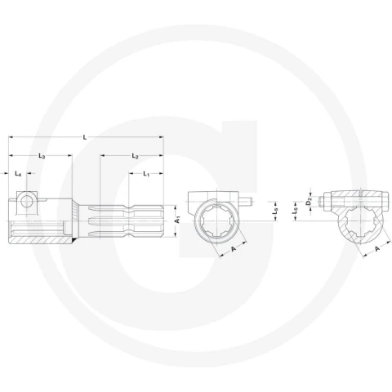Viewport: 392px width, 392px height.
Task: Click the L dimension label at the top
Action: point(85,137)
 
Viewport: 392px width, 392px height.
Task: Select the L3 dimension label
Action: point(42,156)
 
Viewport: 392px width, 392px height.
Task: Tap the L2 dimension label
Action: point(135,156)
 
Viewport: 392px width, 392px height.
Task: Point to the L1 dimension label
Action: point(146,174)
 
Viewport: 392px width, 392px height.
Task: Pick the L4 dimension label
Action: point(18,174)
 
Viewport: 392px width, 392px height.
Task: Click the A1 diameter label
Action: point(177,220)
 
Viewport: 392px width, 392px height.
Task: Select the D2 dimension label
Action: point(309,203)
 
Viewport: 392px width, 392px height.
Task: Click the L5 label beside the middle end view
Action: point(274,212)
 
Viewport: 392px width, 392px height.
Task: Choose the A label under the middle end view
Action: point(234,248)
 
